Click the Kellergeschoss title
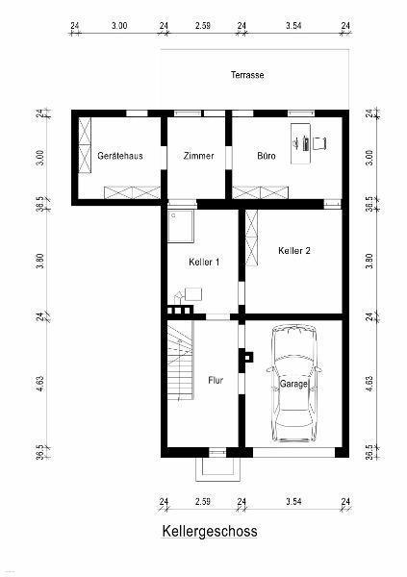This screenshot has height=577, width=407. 210,532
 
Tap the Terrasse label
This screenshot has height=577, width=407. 247,75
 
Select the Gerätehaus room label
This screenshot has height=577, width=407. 120,156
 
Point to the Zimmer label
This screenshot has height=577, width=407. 198,156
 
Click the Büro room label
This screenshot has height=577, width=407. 267,156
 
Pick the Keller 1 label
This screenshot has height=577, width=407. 204,262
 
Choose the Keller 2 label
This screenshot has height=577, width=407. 293,251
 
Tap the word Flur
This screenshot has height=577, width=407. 216,380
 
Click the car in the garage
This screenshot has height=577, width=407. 293,384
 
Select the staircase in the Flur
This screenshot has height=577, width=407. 180,361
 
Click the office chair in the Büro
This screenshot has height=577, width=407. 320,142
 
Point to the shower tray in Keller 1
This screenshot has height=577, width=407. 181,227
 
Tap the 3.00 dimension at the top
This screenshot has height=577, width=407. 119,26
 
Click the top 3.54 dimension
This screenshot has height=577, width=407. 293,26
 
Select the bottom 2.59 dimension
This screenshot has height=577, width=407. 203,501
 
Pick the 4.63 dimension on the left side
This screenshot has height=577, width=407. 40,383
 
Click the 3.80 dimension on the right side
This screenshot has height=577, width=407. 369,262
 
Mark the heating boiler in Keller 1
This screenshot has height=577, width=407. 193,294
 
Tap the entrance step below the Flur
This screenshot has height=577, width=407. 217,469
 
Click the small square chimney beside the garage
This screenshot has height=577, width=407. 248,358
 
